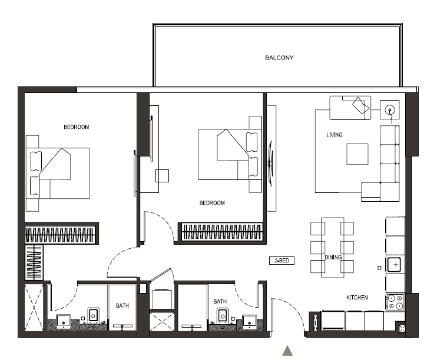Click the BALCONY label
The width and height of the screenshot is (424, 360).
279,58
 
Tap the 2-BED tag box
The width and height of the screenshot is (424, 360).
281,261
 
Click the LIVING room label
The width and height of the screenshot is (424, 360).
334,135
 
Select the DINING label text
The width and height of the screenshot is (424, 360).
333,258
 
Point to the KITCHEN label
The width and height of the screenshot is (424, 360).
357,297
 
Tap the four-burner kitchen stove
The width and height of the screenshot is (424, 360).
395,302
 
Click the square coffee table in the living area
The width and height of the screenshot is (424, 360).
357,154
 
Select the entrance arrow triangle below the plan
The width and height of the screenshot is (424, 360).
287,351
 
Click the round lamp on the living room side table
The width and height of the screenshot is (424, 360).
390,110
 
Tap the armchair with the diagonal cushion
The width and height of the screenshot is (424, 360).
350,108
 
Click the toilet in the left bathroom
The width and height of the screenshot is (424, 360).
93,315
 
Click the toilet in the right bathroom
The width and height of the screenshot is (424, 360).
223,315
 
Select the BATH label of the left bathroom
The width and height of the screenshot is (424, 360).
122,305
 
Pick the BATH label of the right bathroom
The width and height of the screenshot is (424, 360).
220,301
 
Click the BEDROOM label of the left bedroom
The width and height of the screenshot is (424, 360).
76,127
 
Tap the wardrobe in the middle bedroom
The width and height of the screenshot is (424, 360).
221,232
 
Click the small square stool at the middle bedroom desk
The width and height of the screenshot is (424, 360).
163,176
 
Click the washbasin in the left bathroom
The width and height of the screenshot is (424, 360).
64,321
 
